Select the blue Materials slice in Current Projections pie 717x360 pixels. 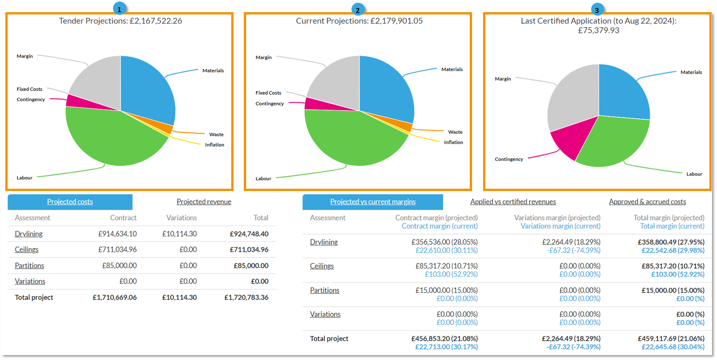[384, 88]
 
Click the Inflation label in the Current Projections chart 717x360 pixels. [453, 142]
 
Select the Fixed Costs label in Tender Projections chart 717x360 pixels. [29, 89]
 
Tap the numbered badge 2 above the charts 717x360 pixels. [358, 10]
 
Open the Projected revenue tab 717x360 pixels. [204, 202]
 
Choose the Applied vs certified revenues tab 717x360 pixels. [513, 202]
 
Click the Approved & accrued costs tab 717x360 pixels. [647, 202]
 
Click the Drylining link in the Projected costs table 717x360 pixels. [29, 234]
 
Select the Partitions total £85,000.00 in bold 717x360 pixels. [251, 266]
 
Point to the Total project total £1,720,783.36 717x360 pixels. [246, 297]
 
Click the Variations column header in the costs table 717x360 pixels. [181, 218]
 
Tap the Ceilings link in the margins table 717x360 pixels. [322, 266]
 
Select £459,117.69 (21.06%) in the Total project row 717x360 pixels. [671, 338]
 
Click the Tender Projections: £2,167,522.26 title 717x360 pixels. [120, 21]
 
